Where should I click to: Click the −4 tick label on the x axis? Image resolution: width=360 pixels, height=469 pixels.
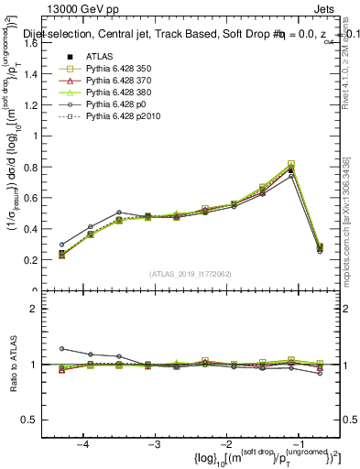(x=83, y=442)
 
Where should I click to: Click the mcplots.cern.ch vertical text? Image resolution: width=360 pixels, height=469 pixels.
(x=351, y=220)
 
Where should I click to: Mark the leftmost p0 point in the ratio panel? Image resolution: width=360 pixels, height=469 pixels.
(x=61, y=348)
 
